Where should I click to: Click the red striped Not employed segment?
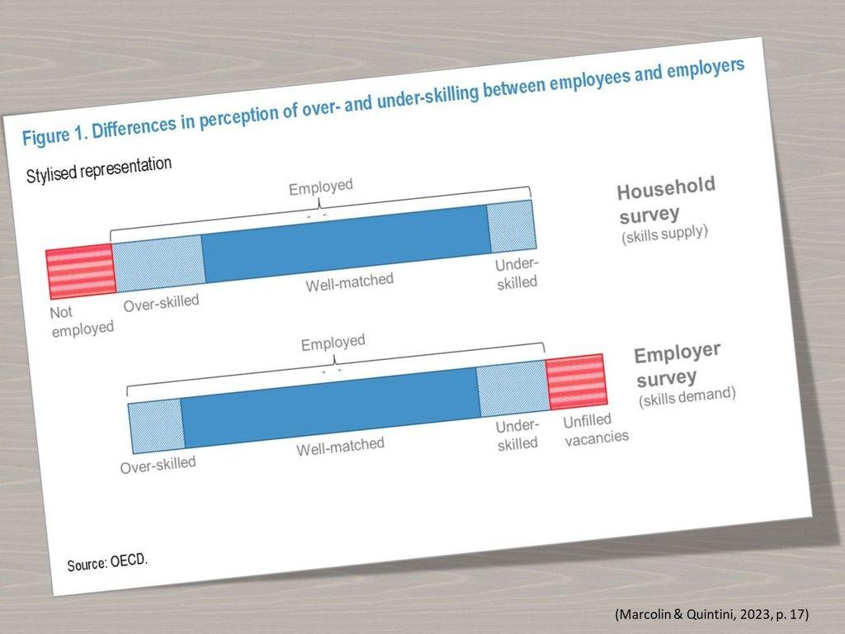[80, 271]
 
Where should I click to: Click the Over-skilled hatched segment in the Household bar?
[158, 263]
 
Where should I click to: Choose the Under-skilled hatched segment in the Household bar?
[512, 225]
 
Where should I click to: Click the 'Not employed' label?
[81, 321]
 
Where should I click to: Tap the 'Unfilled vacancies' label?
[595, 429]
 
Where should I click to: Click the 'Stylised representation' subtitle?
[99, 170]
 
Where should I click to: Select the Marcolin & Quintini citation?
[712, 614]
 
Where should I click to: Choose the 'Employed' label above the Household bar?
[321, 187]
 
